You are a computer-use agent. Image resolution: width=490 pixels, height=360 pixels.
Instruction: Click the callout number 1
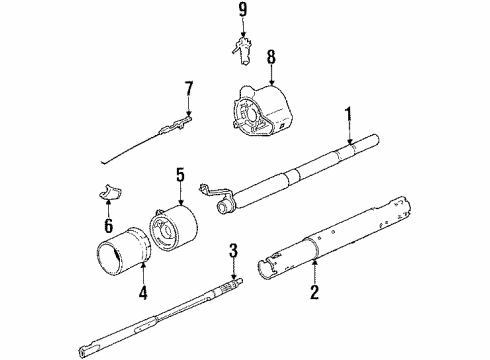(x=348, y=117)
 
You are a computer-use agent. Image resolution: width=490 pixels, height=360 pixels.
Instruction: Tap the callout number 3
(x=232, y=249)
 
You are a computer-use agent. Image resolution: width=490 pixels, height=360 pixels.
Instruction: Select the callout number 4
(x=142, y=295)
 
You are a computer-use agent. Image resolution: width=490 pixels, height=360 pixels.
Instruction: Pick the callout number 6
(x=108, y=227)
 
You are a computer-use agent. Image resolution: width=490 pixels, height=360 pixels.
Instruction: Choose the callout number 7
(x=187, y=92)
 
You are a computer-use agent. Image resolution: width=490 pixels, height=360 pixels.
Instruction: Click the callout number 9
(x=241, y=13)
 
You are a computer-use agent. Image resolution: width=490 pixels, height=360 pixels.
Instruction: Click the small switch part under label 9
(x=242, y=48)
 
